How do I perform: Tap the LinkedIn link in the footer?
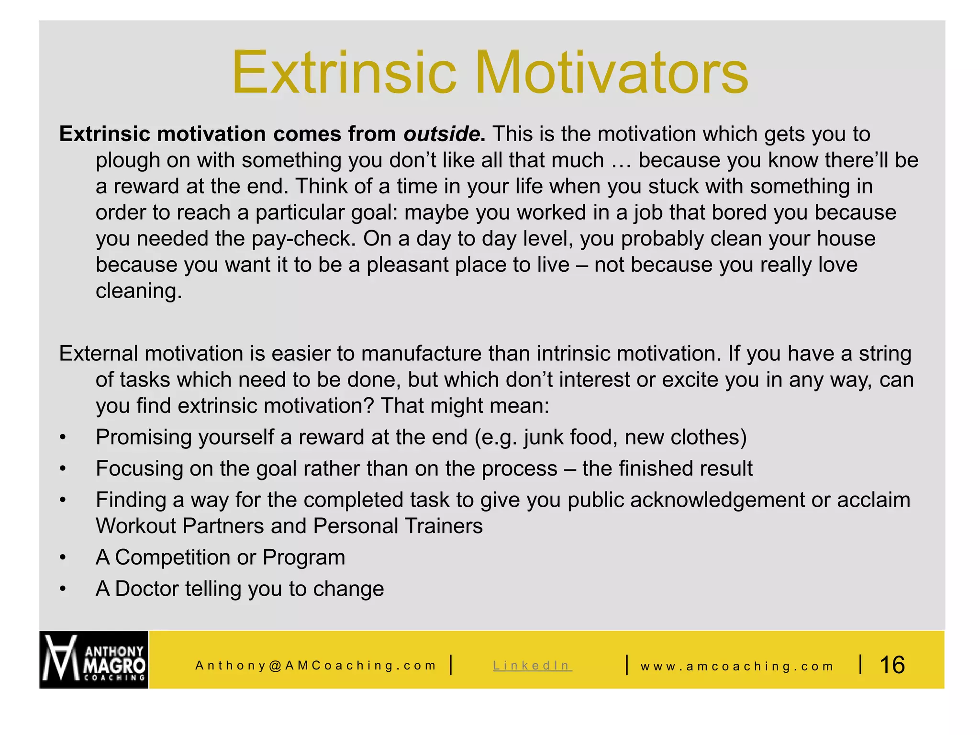(532, 666)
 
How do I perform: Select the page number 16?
(892, 665)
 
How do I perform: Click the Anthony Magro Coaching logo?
(94, 659)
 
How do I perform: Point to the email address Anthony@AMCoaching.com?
(316, 666)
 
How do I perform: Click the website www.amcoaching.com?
(737, 666)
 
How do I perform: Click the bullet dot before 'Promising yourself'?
(63, 438)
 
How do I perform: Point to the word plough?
(127, 161)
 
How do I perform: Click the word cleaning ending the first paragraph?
(138, 291)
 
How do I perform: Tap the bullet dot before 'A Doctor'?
(63, 590)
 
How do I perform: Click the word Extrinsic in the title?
(345, 73)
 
